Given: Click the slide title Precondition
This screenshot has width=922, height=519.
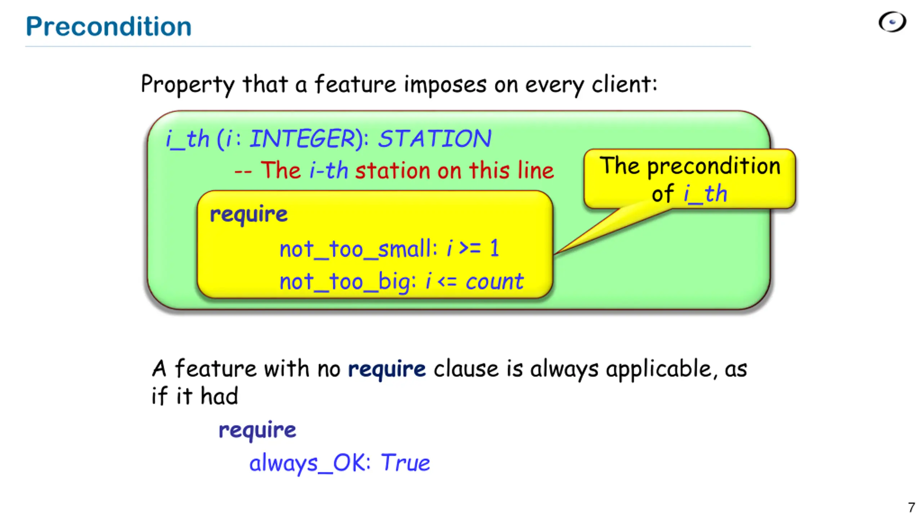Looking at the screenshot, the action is pos(108,27).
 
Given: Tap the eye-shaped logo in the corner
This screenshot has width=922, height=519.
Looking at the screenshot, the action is pos(892,22).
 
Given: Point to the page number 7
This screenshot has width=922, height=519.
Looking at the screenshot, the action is pos(911,507).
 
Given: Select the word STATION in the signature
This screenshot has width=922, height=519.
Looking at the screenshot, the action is pos(434,139).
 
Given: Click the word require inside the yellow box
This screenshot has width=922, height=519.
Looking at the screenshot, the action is pos(249,214).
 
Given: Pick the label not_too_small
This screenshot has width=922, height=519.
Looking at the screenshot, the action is pos(358,249).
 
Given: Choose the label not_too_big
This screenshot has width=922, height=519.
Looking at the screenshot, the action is pos(348,281).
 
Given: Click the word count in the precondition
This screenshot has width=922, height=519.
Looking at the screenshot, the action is pos(494,281).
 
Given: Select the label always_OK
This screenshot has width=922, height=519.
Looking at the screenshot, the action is pos(310,463).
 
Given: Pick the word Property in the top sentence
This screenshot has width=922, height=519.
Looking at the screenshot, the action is pos(187,84).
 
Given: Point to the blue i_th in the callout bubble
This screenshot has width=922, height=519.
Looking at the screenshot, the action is pos(705,194).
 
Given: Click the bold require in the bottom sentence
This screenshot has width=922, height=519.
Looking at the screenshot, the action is pos(387,369).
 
